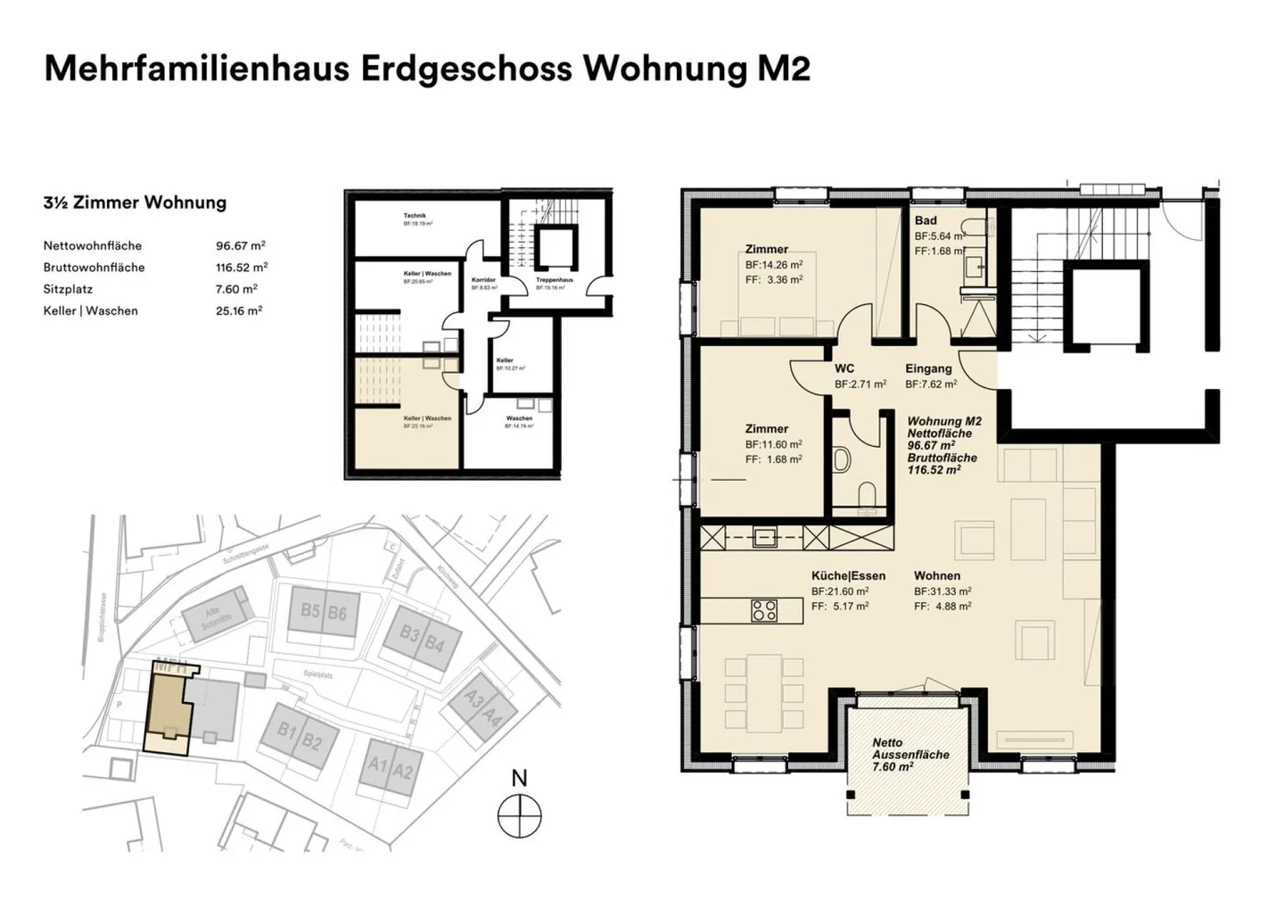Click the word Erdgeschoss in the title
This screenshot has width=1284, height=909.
(x=465, y=69)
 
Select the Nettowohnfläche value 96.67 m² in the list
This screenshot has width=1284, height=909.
(x=240, y=245)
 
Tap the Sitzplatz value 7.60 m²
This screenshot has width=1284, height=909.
(x=236, y=289)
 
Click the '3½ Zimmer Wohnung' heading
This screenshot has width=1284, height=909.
(x=135, y=202)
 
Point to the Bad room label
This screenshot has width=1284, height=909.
(x=926, y=220)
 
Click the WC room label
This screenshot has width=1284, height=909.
(x=844, y=368)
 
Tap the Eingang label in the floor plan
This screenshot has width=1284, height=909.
(x=928, y=368)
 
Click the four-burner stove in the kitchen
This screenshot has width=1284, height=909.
(x=764, y=610)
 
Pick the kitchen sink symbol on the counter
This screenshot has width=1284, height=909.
(x=764, y=537)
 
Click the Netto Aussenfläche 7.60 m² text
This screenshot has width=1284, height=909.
(x=898, y=755)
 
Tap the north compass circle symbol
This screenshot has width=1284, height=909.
(x=520, y=816)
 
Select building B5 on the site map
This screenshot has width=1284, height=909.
(x=309, y=611)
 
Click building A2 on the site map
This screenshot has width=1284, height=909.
(x=403, y=771)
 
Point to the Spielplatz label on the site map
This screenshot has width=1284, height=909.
(x=317, y=675)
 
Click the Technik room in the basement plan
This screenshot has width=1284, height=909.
(x=415, y=219)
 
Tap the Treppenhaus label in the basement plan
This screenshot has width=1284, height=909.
(x=554, y=280)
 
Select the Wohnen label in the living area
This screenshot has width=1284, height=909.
(x=936, y=575)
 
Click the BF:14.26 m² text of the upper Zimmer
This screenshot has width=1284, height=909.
(x=773, y=265)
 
